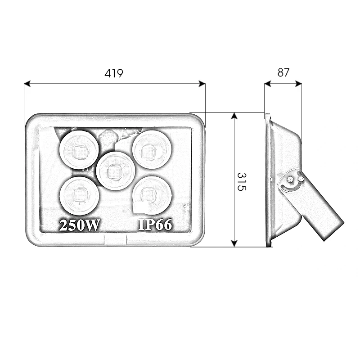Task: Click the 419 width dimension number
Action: [114, 73]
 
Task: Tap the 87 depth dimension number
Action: [283, 72]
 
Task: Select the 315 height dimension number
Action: [242, 181]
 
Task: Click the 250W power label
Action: [80, 225]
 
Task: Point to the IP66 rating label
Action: [155, 225]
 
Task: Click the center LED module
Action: [116, 171]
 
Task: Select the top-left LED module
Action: [79, 150]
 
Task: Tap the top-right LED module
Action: [152, 149]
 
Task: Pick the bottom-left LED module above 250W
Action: [80, 195]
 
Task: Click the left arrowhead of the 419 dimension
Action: [27, 84]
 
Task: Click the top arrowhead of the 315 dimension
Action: [234, 116]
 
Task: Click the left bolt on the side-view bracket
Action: [291, 179]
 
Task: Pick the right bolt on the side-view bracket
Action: [301, 179]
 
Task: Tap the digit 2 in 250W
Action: [63, 225]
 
